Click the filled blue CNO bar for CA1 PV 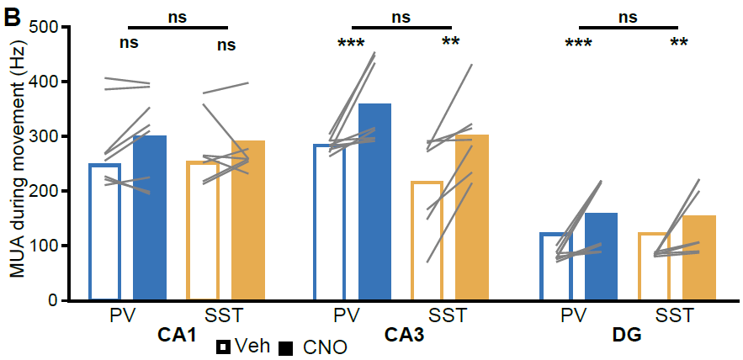point(150,219)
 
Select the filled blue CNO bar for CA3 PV point(374,202)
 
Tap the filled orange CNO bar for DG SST point(698,257)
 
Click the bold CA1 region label point(177,336)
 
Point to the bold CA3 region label point(404,336)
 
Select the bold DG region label point(627,336)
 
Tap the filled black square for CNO point(286,346)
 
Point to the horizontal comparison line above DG point(628,27)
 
